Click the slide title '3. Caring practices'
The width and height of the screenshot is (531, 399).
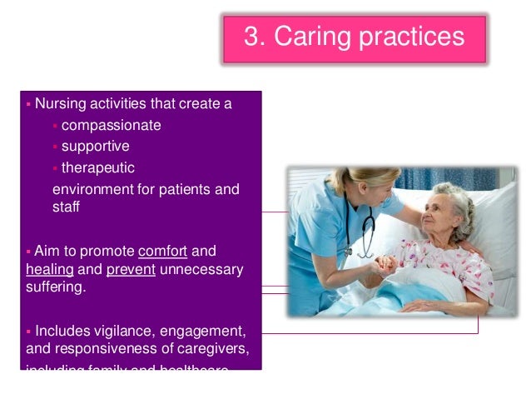click(x=353, y=37)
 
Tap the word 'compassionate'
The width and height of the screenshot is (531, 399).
click(x=111, y=126)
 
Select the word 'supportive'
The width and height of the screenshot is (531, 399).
click(x=96, y=147)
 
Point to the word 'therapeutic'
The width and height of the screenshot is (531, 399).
click(x=97, y=167)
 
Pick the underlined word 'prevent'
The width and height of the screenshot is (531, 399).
click(x=130, y=269)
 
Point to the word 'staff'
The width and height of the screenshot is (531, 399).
click(x=66, y=207)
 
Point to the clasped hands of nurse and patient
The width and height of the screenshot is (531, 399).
click(x=386, y=266)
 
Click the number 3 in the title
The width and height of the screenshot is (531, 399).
click(x=250, y=37)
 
